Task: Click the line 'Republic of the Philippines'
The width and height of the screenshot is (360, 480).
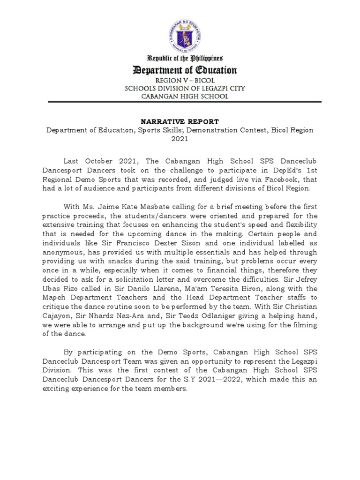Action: pyautogui.click(x=185, y=59)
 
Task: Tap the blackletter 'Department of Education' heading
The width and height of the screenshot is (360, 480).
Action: pyautogui.click(x=185, y=71)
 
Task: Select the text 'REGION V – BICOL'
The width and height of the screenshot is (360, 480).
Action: pyautogui.click(x=185, y=80)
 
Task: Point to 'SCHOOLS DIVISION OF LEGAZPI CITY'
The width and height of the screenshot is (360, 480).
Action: pyautogui.click(x=185, y=88)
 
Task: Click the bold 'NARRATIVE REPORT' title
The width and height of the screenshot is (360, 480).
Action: pyautogui.click(x=180, y=121)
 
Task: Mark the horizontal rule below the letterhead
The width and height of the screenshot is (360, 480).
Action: pyautogui.click(x=180, y=102)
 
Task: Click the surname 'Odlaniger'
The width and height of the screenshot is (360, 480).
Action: pyautogui.click(x=213, y=315)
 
